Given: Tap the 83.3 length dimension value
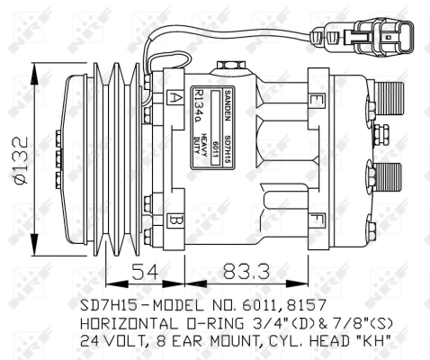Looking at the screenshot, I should pyautogui.click(x=235, y=268).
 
